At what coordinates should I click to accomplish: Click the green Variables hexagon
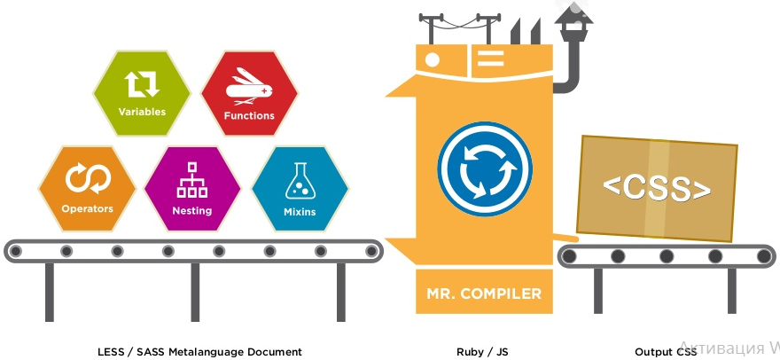point(142,93)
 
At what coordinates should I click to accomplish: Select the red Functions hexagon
point(249,93)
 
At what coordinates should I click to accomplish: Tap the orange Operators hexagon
point(87,188)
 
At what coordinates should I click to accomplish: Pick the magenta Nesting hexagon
point(192,188)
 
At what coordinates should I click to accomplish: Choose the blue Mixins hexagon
point(299,188)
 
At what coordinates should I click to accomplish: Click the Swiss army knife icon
point(249,85)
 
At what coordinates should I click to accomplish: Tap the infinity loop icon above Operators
point(87,179)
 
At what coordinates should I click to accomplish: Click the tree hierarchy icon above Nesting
point(192,179)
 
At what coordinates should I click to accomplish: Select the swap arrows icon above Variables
point(142,83)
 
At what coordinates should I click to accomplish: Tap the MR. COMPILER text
point(484,293)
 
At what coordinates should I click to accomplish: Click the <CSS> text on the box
point(657,189)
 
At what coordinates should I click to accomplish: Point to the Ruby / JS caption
point(482,352)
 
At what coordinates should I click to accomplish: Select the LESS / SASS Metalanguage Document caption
point(199,352)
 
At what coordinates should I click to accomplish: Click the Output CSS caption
point(666,352)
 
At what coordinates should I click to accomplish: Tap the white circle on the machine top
point(433,60)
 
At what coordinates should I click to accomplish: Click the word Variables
point(142,113)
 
